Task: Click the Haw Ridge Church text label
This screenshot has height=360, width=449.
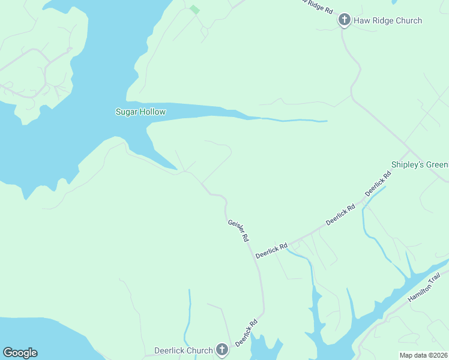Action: click(x=388, y=20)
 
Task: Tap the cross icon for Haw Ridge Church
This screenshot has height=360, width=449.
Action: click(x=345, y=20)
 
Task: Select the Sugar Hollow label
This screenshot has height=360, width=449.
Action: click(x=140, y=112)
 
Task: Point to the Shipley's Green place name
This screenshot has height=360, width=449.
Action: click(x=420, y=164)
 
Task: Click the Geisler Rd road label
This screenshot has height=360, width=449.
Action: click(x=238, y=230)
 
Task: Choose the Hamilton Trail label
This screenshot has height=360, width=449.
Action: click(x=424, y=289)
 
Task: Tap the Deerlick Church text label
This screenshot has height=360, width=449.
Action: click(x=184, y=350)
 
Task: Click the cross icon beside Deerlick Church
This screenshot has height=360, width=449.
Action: click(x=222, y=350)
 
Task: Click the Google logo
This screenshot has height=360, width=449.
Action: click(x=20, y=353)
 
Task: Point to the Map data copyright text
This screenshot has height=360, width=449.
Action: click(x=423, y=355)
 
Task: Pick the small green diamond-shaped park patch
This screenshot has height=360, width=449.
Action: click(x=194, y=9)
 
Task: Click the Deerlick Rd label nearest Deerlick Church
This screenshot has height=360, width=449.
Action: click(x=246, y=332)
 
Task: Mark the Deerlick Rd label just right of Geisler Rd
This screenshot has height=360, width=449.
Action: click(x=271, y=250)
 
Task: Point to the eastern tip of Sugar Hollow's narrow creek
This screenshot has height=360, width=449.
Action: click(x=326, y=121)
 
